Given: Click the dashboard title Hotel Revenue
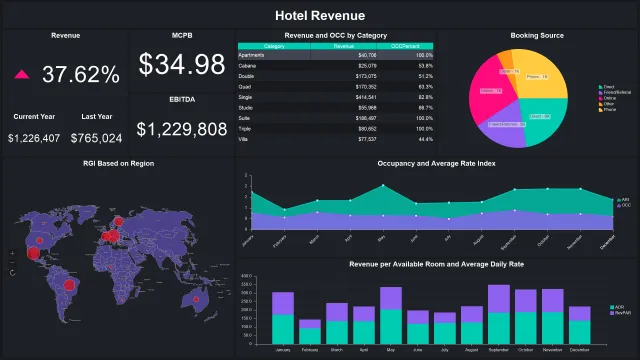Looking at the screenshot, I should tap(320, 16).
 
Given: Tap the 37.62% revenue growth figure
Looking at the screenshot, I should tap(81, 74).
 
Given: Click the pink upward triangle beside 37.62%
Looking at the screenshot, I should tap(22, 75).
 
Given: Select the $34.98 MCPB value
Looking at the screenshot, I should tap(182, 65).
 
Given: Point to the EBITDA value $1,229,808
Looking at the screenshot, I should tap(182, 129).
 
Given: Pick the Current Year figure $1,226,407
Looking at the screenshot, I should tap(34, 138).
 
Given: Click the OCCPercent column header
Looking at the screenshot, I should tap(405, 46).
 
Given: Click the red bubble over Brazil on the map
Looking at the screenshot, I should tap(70, 285).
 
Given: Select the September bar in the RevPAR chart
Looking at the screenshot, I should tap(498, 313).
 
